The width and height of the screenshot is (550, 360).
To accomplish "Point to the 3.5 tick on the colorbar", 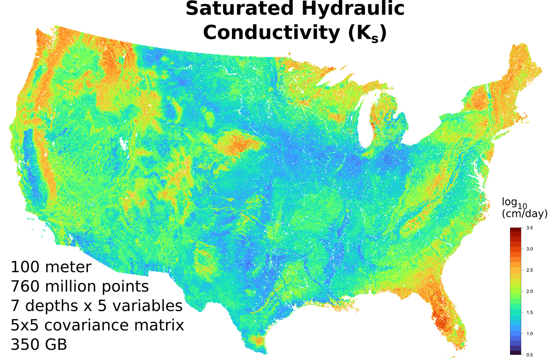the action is (x=529, y=228).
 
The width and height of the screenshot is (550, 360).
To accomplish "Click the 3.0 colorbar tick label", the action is (x=529, y=249).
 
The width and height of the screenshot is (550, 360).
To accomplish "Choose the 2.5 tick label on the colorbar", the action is (x=529, y=270).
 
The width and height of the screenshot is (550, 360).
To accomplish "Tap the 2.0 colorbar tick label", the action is (x=529, y=291).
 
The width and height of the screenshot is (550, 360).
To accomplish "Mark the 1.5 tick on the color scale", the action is (x=529, y=313).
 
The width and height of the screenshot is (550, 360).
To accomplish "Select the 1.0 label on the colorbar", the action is (x=529, y=334).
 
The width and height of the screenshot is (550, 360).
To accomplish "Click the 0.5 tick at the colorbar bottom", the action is (x=529, y=355).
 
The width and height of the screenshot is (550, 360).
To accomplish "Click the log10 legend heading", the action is (x=514, y=203).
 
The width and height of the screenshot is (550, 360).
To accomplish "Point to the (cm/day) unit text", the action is (x=525, y=214).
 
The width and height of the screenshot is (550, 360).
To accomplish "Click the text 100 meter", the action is (x=51, y=267).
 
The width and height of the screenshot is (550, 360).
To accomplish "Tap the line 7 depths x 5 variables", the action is (x=97, y=306).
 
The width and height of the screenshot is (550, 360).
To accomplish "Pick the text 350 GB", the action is (x=39, y=345).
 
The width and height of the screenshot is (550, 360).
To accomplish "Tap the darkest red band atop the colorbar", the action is (x=515, y=229).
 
